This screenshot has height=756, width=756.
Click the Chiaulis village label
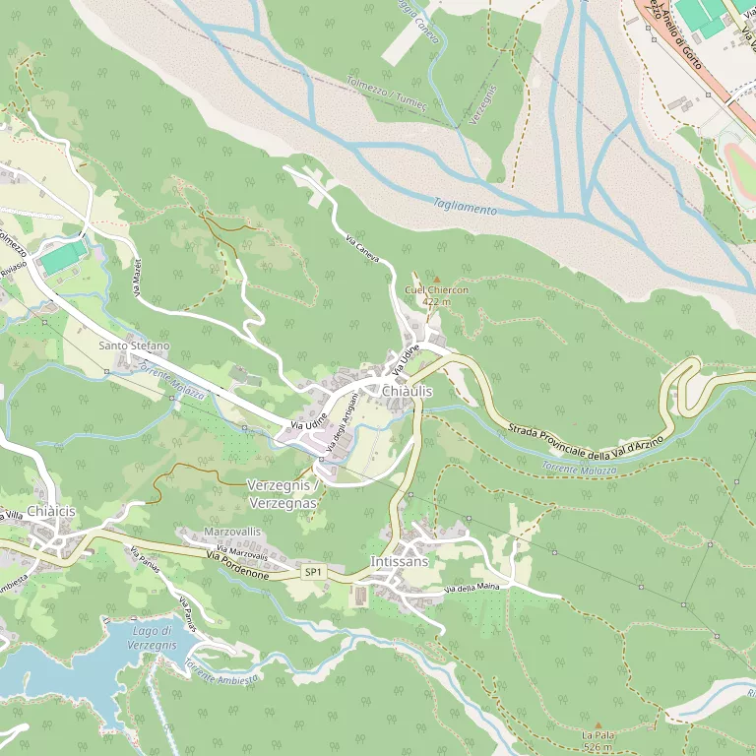pyautogui.click(x=407, y=392)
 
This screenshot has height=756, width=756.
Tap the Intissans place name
pyautogui.click(x=400, y=561)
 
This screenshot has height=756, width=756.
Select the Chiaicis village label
pyautogui.click(x=51, y=512)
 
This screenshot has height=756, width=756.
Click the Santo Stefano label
pyautogui.click(x=134, y=346)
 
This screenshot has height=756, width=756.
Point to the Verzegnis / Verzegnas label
pyautogui.click(x=283, y=494)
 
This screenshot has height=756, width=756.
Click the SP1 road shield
pyautogui.click(x=313, y=572)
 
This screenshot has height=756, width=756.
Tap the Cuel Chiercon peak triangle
pyautogui.click(x=437, y=280)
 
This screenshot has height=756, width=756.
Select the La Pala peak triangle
pyautogui.click(x=598, y=725)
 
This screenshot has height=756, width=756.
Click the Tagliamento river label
pyautogui.click(x=465, y=207)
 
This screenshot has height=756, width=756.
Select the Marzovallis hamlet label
pyautogui.click(x=231, y=532)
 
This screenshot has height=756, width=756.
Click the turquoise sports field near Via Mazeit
pyautogui.click(x=63, y=258)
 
